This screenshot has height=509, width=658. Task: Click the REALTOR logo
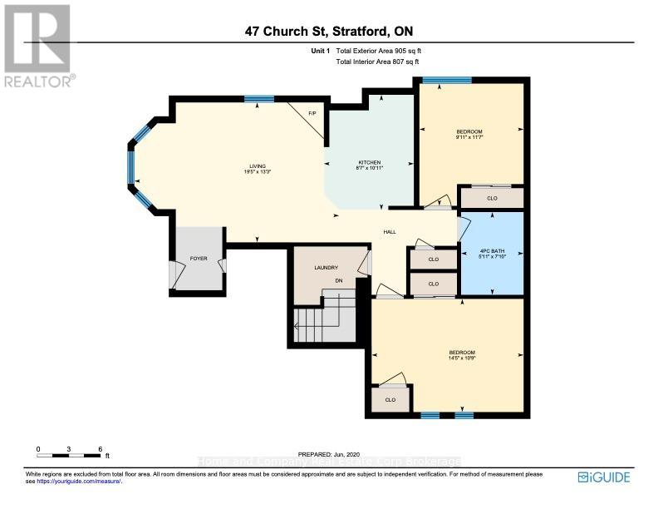[38, 45]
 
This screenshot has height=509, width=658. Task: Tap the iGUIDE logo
[604, 477]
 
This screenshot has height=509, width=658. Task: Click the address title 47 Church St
[328, 32]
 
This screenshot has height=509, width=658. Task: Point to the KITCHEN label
[369, 162]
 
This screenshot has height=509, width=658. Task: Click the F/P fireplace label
[312, 113]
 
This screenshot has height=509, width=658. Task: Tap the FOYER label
[199, 259]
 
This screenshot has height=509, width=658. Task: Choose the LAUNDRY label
[326, 267]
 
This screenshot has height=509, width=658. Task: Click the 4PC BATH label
[493, 250]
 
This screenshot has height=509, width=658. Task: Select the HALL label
[389, 232]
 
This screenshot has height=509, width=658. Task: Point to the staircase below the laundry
[315, 322]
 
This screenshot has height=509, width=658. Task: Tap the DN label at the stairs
[339, 280]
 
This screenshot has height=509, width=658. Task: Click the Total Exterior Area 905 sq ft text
[384, 51]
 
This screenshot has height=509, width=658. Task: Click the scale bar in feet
[70, 454]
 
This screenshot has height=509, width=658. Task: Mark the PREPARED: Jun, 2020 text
[328, 453]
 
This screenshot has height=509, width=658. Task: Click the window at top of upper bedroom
[447, 81]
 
